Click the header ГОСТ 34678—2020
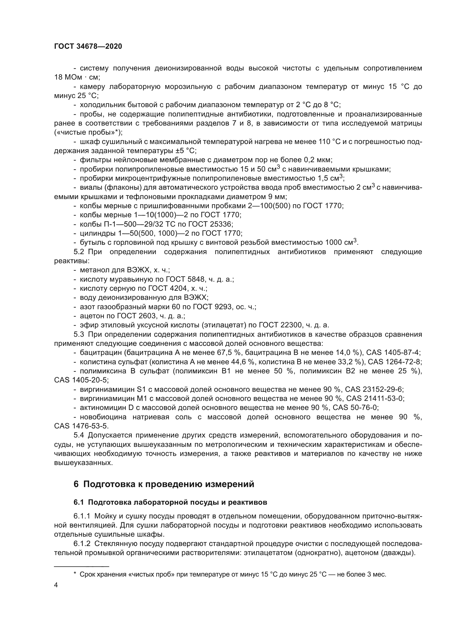[88, 47]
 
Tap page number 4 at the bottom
[56, 585]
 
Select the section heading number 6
[76, 484]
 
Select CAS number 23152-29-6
[383, 390]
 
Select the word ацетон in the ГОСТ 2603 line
[91, 316]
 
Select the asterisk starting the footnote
[75, 574]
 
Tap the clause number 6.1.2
[82, 544]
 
